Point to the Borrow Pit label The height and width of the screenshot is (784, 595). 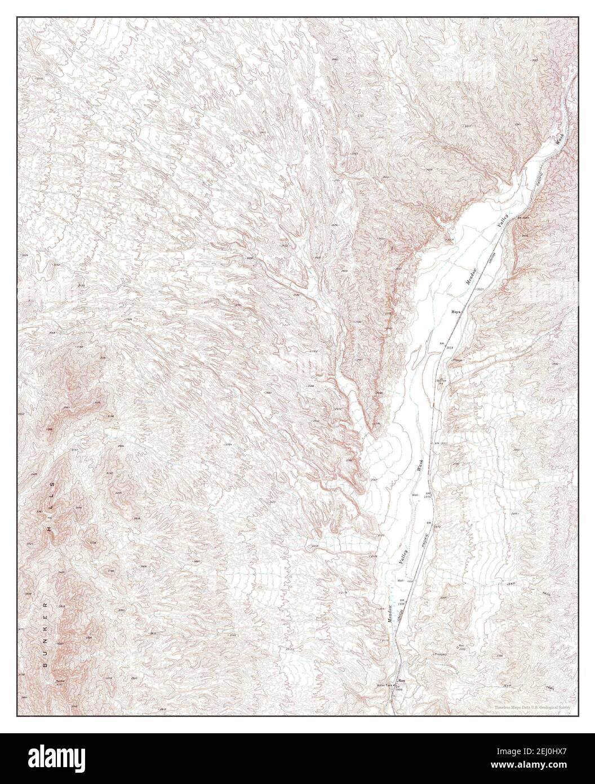click(x=442, y=381)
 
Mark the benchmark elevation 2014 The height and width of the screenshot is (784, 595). click(x=450, y=347)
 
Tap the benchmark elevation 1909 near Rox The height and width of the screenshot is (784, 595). click(x=399, y=690)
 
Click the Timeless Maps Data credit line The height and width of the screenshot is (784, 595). click(x=532, y=707)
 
